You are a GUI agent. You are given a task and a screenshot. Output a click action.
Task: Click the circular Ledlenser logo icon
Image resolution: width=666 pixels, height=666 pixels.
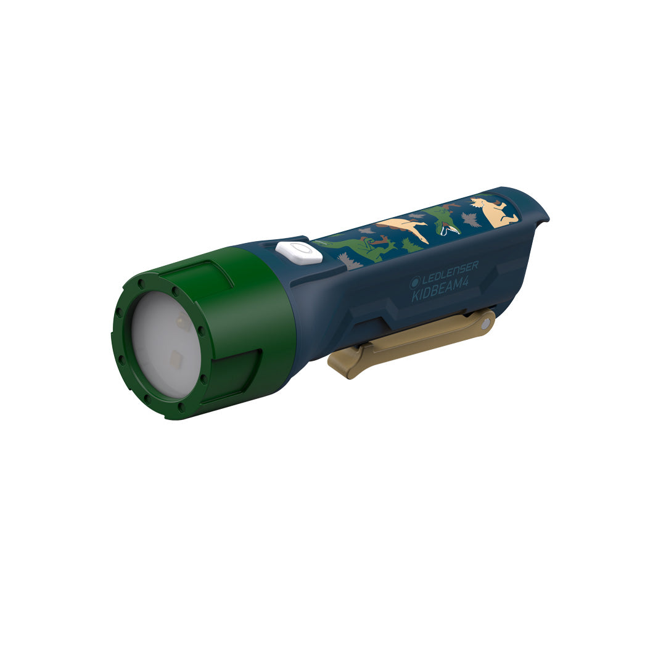click(414, 282)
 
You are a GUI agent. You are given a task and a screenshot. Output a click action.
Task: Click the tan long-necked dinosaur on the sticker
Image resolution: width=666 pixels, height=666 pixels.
click(403, 230)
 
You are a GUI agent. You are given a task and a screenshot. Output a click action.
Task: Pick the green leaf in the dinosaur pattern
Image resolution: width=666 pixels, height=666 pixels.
click(411, 245)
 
